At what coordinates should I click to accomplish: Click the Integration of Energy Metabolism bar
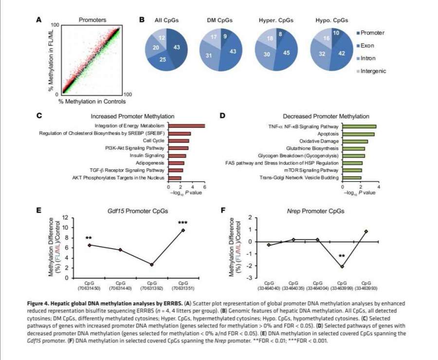click(x=186, y=126)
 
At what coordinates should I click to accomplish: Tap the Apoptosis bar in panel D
click(x=358, y=134)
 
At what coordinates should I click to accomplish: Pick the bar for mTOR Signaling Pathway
click(x=352, y=171)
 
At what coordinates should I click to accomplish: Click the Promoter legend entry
click(x=371, y=33)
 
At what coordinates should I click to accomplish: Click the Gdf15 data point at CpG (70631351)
click(x=183, y=230)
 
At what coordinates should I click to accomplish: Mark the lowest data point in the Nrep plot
click(x=342, y=267)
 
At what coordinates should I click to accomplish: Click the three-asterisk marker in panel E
click(x=182, y=223)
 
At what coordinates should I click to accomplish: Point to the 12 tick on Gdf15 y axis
click(x=70, y=217)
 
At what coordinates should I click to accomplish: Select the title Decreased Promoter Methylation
click(x=326, y=116)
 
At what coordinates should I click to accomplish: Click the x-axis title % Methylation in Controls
click(x=92, y=101)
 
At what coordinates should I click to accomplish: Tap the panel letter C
click(x=39, y=116)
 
